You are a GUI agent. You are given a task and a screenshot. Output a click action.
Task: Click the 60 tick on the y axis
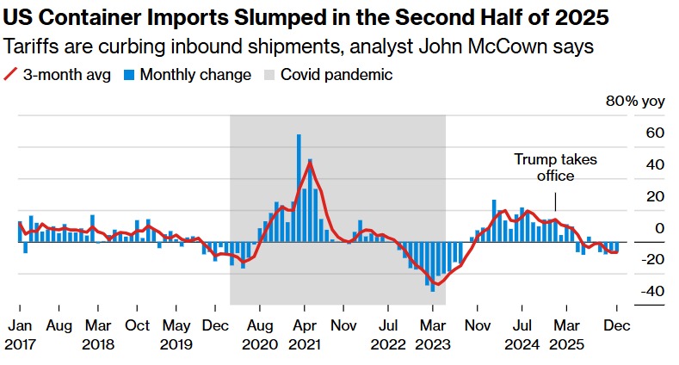[x=655, y=133]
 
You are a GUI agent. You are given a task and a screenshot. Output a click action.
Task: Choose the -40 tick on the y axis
[x=651, y=291]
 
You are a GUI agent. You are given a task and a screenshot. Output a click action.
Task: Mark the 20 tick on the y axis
[x=655, y=197]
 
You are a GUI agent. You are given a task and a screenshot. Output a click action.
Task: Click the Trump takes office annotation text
[x=555, y=168]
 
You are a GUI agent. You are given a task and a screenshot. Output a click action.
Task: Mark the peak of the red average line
[x=310, y=163]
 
